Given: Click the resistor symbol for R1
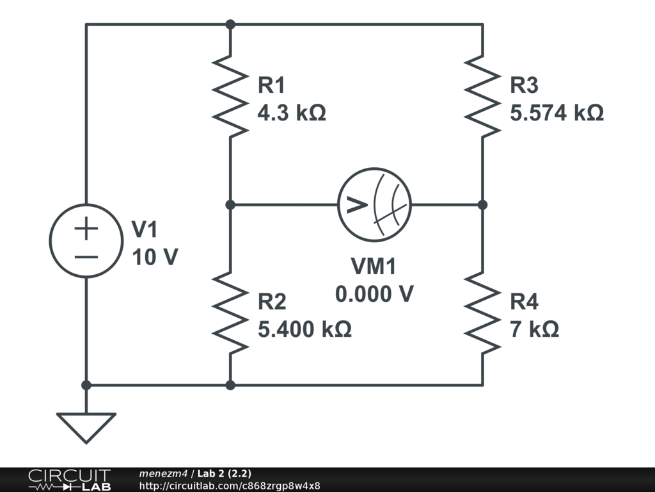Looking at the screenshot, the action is (x=230, y=96).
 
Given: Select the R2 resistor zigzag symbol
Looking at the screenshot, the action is (x=230, y=313).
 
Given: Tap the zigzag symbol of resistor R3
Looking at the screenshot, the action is (x=482, y=96).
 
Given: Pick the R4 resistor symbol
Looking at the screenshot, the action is (x=482, y=313).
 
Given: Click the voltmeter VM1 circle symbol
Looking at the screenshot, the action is (x=338, y=204).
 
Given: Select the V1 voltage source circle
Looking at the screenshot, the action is (x=50, y=241).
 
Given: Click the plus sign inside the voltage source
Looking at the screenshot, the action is (x=86, y=229).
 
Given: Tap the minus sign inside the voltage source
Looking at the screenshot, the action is (x=86, y=257).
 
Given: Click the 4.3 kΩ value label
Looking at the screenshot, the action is (x=292, y=113).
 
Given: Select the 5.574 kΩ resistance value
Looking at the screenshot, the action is (x=557, y=113).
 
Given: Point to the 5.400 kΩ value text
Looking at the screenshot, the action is (x=304, y=329).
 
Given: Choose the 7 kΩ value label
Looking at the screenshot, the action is (x=534, y=329).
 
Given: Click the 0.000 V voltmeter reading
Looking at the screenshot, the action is (x=374, y=293).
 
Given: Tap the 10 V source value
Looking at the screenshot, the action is (x=155, y=256).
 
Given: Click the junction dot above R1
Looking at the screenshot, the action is (x=230, y=24).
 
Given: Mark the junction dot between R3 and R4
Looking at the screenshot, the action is (x=482, y=204).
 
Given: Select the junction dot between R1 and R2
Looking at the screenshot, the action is (x=230, y=204).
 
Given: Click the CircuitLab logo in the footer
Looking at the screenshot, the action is (x=69, y=480).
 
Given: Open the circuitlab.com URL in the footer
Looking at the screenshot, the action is (x=230, y=486).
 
